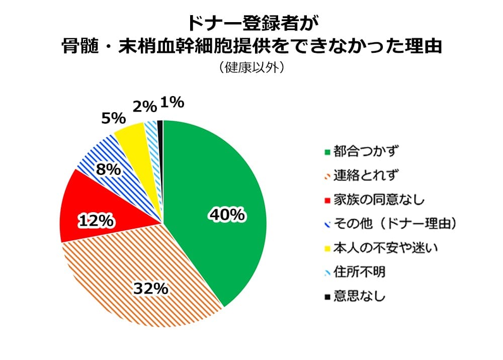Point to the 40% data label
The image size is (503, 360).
click(227, 215)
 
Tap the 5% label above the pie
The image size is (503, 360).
click(113, 118)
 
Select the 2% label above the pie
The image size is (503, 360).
click(145, 106)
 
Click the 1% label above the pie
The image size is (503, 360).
click(172, 103)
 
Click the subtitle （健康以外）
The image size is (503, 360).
click(251, 67)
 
